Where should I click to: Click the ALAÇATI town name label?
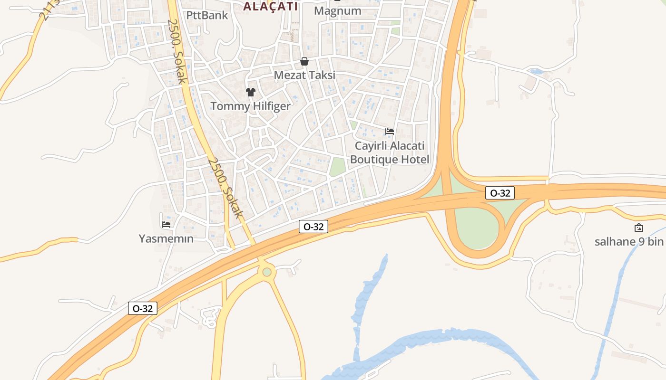(270, 6)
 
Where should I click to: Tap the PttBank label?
(207, 15)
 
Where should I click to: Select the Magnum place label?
(338, 10)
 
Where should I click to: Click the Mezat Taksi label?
(304, 75)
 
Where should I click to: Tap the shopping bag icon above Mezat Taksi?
(304, 61)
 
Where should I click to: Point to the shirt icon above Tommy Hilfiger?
(251, 92)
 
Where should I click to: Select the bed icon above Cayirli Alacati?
(390, 131)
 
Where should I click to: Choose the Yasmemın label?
(166, 238)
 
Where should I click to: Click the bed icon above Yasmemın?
(166, 224)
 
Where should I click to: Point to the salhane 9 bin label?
(628, 241)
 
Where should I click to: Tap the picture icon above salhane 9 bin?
(639, 228)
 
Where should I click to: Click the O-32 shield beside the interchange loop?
(500, 193)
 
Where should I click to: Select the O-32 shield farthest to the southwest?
(143, 308)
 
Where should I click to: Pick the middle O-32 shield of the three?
(313, 227)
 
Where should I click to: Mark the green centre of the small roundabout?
(267, 272)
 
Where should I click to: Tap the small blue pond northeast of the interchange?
(536, 72)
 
